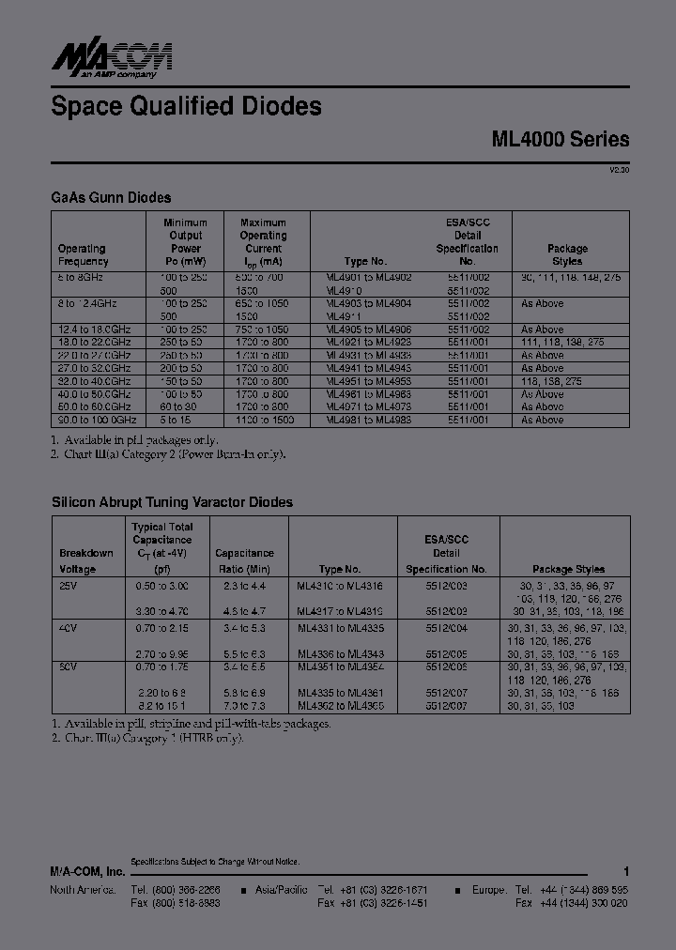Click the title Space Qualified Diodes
tap(186, 107)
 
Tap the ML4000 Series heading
tap(560, 139)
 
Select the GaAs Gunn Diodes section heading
tap(111, 197)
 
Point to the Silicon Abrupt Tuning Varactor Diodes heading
tap(172, 502)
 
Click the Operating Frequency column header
tap(83, 255)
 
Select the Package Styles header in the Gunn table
tap(567, 255)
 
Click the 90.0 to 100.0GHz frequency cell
tap(97, 420)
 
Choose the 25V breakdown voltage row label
tap(68, 585)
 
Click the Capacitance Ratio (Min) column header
tap(244, 561)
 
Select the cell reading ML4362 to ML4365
tap(341, 705)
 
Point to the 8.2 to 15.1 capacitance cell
tap(161, 705)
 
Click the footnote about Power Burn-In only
tap(168, 453)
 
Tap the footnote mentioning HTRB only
tap(147, 738)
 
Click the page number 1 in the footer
tap(625, 871)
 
